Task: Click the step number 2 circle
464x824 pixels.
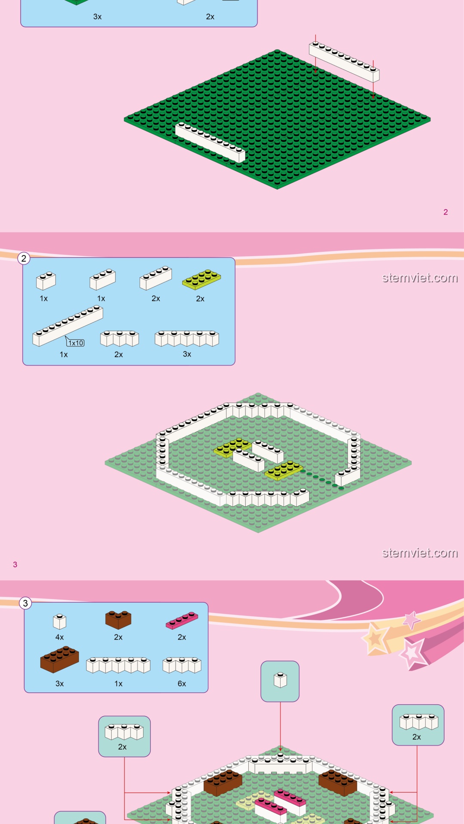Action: pyautogui.click(x=24, y=258)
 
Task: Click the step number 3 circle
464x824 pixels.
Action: pyautogui.click(x=25, y=603)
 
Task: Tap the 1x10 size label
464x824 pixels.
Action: pyautogui.click(x=76, y=343)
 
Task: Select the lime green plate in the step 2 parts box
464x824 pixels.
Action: pyautogui.click(x=201, y=279)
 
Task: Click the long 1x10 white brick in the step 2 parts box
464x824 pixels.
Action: pyautogui.click(x=68, y=326)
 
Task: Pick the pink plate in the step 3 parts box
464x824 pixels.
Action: pyautogui.click(x=182, y=621)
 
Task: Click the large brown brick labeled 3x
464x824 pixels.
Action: pyautogui.click(x=60, y=659)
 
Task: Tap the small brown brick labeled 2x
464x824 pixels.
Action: pyautogui.click(x=118, y=620)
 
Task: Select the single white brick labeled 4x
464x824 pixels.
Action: pyautogui.click(x=60, y=621)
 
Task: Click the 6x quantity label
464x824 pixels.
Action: pyautogui.click(x=182, y=684)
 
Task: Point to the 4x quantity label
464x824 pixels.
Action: pyautogui.click(x=60, y=637)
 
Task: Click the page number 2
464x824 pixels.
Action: pyautogui.click(x=446, y=212)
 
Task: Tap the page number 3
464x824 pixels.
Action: pyautogui.click(x=15, y=564)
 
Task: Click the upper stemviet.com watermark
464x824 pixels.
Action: pyautogui.click(x=420, y=278)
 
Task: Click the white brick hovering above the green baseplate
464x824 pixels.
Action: pyautogui.click(x=344, y=62)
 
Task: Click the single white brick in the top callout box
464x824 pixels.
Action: pyautogui.click(x=280, y=680)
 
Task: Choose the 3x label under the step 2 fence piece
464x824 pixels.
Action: pyautogui.click(x=187, y=354)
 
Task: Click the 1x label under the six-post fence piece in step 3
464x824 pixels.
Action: pyautogui.click(x=119, y=684)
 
